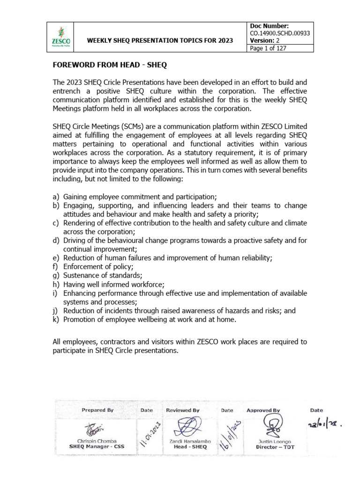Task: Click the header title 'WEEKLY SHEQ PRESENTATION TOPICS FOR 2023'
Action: (160, 41)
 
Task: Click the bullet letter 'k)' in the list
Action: (56, 320)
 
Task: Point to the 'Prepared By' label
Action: (97, 410)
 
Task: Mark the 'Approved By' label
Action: (263, 410)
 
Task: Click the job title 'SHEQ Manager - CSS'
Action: (97, 447)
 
